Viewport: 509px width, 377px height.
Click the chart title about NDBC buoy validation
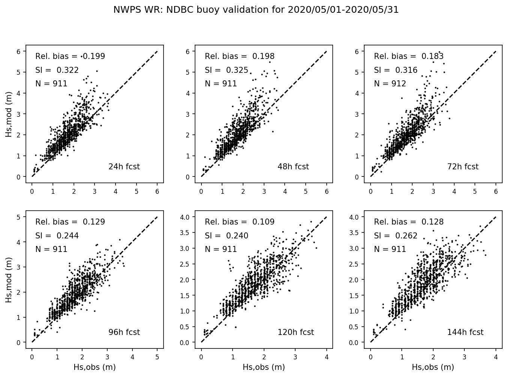tap(256, 10)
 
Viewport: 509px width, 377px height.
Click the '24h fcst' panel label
tap(124, 167)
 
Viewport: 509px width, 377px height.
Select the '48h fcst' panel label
tap(293, 167)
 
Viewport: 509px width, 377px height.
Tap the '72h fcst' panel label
tap(462, 167)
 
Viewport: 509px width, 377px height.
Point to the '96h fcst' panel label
tap(124, 332)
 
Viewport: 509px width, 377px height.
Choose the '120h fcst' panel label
tap(296, 332)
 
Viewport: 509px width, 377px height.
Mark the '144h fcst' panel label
tap(465, 332)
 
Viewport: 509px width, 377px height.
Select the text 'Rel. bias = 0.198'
tap(240, 56)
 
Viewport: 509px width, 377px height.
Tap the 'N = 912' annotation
tap(390, 84)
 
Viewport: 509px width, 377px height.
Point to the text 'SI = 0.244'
tap(57, 236)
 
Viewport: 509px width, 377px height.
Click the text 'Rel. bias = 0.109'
tap(240, 222)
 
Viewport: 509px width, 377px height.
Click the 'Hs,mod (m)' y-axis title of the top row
tap(9, 116)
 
